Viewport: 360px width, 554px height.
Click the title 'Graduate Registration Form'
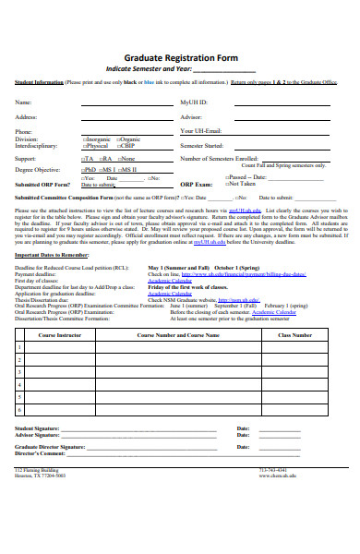pyautogui.click(x=180, y=57)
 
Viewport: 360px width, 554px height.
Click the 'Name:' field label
pyautogui.click(x=23, y=102)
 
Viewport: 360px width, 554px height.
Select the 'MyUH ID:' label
pyautogui.click(x=194, y=102)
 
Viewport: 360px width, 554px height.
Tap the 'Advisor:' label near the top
pyautogui.click(x=191, y=117)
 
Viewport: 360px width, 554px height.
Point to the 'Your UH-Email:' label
pyautogui.click(x=201, y=132)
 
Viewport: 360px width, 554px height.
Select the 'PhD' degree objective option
pyautogui.click(x=90, y=170)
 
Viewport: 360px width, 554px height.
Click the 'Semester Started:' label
pyautogui.click(x=202, y=146)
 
